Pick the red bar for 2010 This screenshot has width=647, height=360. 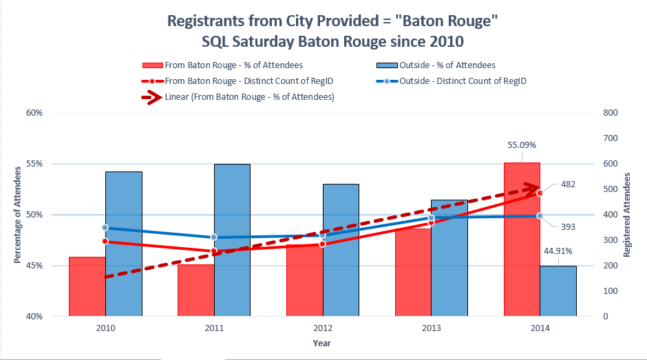(x=87, y=286)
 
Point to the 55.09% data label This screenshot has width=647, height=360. (x=522, y=145)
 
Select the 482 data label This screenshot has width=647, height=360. (x=568, y=184)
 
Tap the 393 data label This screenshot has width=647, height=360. (x=568, y=226)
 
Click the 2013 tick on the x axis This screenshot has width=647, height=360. (x=431, y=328)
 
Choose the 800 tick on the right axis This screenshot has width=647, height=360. (x=609, y=113)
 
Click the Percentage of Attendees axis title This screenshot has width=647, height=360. (x=17, y=215)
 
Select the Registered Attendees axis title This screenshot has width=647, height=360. (x=627, y=215)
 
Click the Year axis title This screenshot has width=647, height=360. (x=322, y=342)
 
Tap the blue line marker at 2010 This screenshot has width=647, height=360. (x=105, y=227)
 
